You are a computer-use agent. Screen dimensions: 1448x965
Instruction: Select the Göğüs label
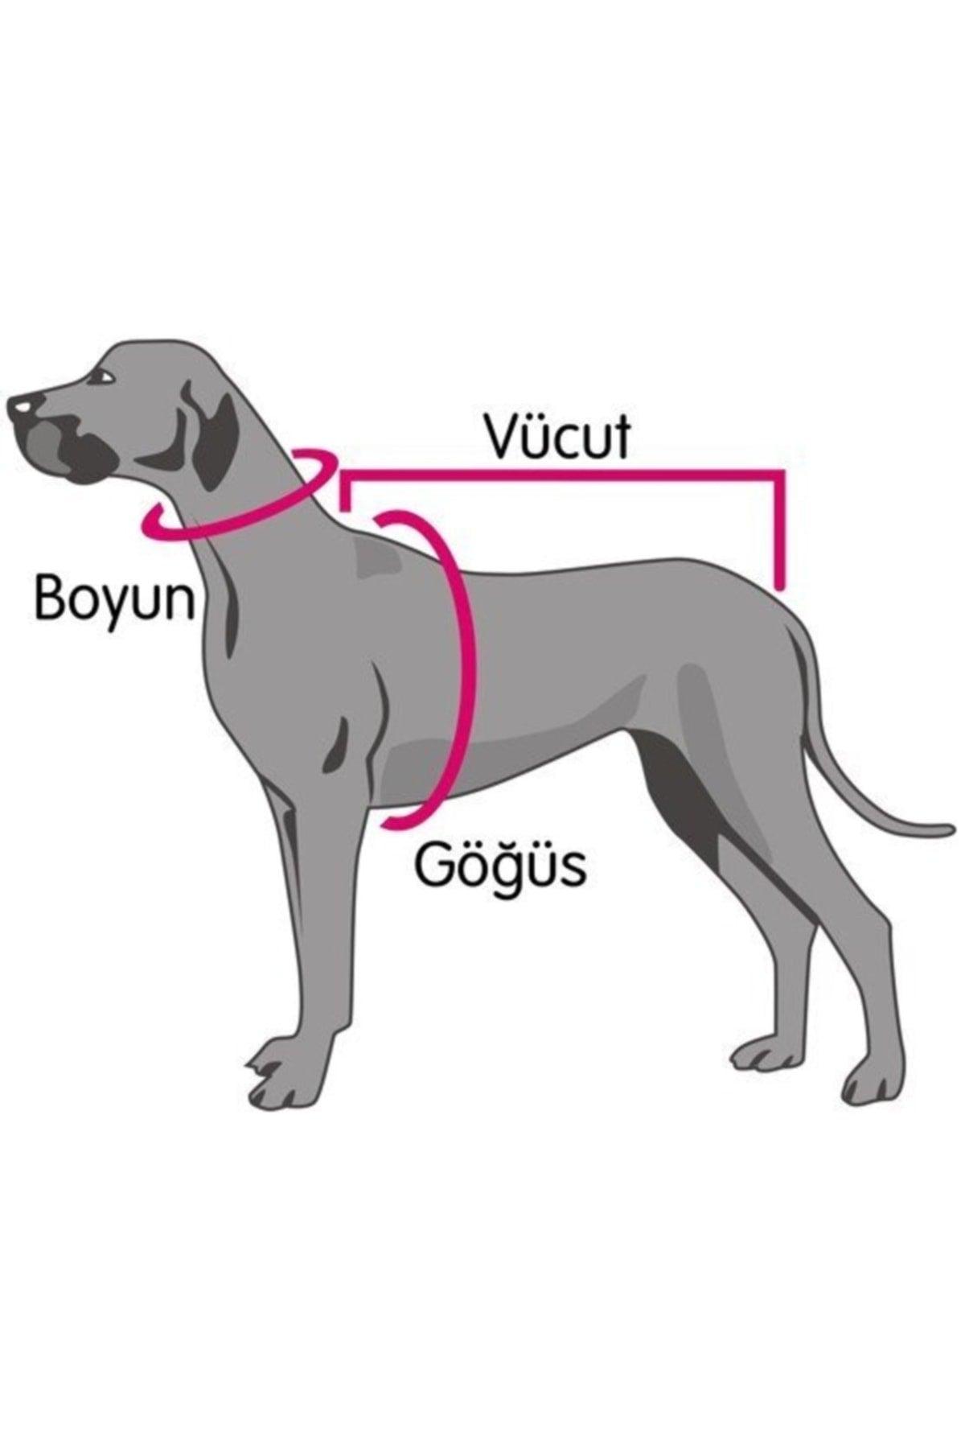tap(499, 865)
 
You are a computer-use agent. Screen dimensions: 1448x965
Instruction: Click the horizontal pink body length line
tap(563, 475)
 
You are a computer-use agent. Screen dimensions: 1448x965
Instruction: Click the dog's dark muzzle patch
tap(68, 450)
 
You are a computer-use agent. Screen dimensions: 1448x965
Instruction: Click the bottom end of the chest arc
tap(390, 821)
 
